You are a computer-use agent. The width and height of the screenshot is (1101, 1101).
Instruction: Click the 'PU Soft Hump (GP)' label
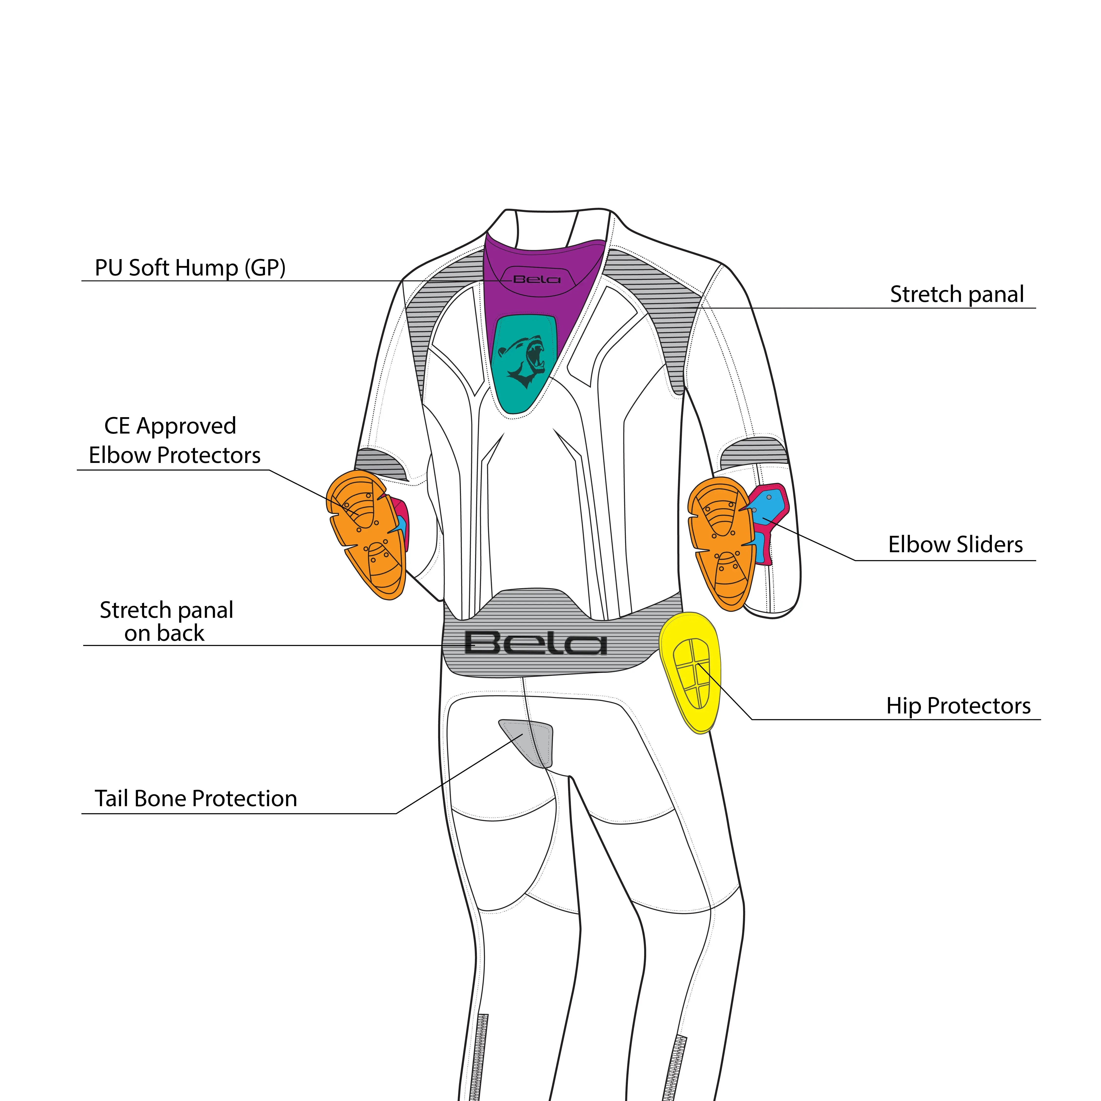(190, 268)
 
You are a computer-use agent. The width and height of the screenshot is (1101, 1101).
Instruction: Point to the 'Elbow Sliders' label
(955, 545)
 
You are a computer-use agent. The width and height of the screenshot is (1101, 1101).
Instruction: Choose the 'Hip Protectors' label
(958, 706)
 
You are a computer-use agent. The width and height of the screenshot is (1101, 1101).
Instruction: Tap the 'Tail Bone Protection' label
(195, 799)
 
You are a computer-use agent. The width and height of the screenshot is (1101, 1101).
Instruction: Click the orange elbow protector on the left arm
(367, 533)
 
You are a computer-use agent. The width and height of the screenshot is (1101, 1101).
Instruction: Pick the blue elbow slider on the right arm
(769, 504)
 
